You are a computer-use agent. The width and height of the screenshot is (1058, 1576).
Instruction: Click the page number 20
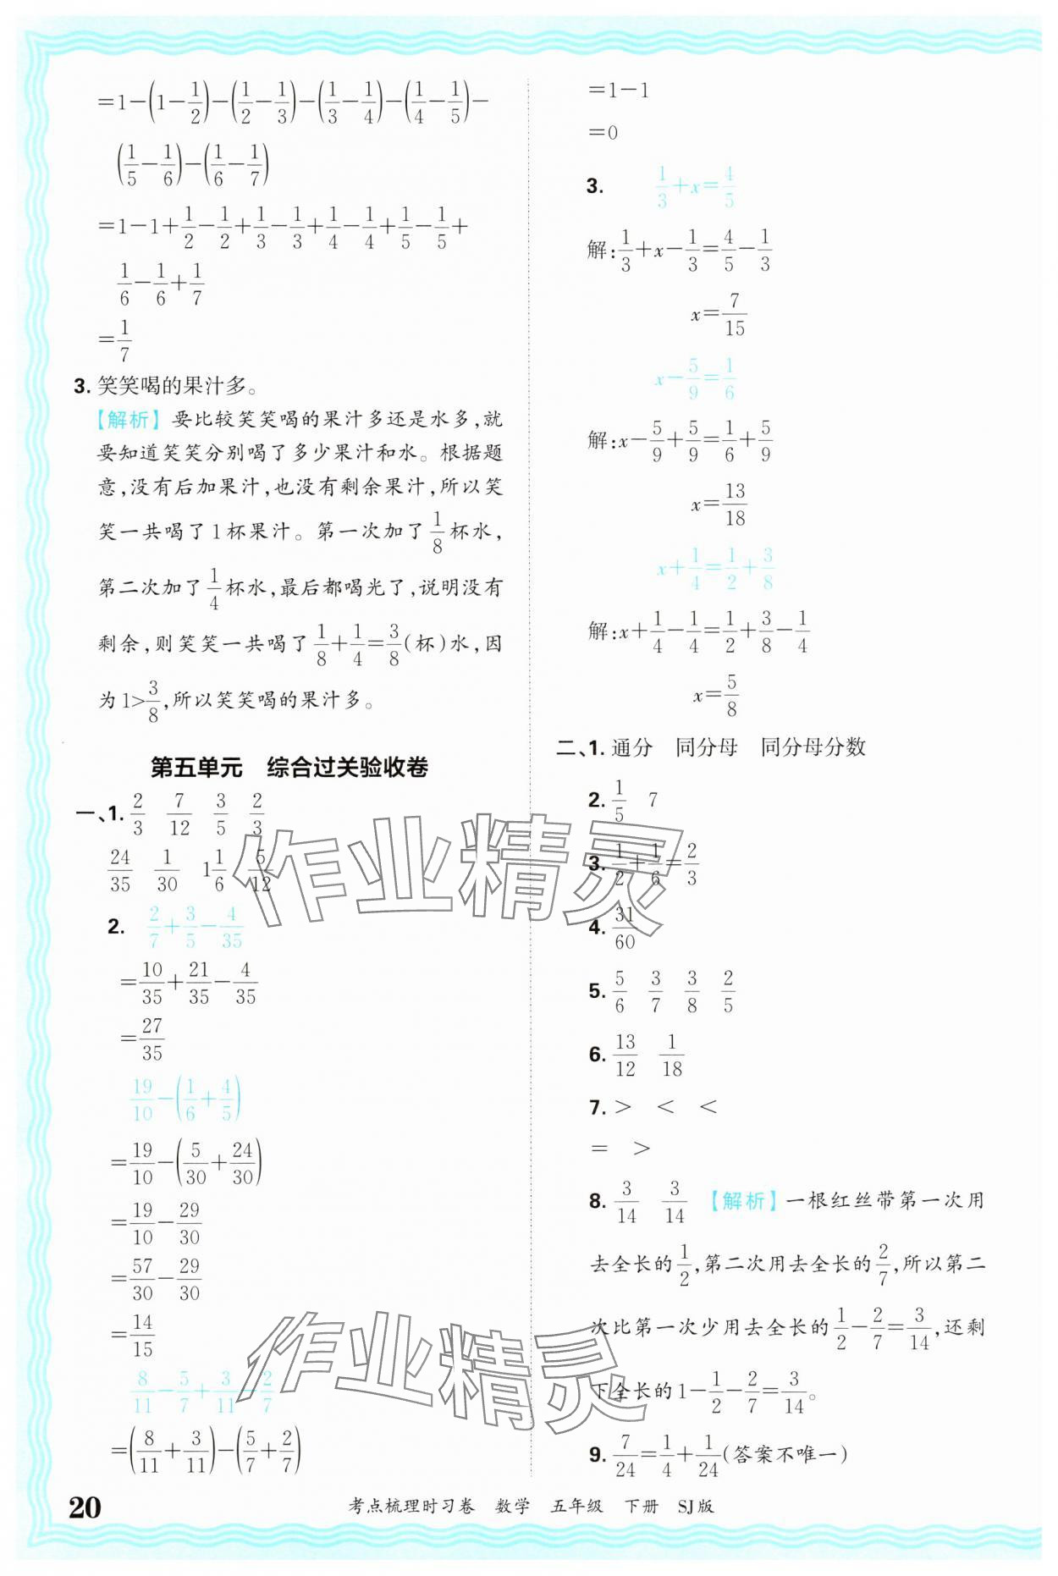[x=84, y=1507]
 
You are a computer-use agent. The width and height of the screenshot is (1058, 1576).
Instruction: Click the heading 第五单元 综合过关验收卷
[x=289, y=768]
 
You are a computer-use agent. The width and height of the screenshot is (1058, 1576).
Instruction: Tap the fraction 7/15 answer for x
[x=734, y=314]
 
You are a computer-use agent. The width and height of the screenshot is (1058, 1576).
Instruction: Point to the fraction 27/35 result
[x=152, y=1039]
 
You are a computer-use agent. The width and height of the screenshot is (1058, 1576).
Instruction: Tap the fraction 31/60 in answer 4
[x=625, y=928]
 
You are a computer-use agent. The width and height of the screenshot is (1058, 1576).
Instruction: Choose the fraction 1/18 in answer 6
[x=672, y=1055]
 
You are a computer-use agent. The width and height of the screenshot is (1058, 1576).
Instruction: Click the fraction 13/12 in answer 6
[x=625, y=1055]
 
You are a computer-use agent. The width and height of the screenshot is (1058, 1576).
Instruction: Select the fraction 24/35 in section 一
[x=120, y=871]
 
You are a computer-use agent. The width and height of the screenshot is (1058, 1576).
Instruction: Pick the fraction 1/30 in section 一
[x=167, y=871]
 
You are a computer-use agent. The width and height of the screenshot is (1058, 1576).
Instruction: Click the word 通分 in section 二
[x=631, y=747]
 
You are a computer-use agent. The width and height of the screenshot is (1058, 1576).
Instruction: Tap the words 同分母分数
[x=813, y=747]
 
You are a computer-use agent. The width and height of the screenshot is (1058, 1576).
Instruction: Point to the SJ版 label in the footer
[x=695, y=1506]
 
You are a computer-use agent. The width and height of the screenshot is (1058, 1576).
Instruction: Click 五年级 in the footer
[x=576, y=1506]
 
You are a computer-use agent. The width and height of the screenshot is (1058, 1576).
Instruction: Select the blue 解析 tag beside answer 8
[x=743, y=1201]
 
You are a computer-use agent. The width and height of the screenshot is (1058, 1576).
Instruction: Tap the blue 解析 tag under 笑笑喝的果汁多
[x=127, y=420]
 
